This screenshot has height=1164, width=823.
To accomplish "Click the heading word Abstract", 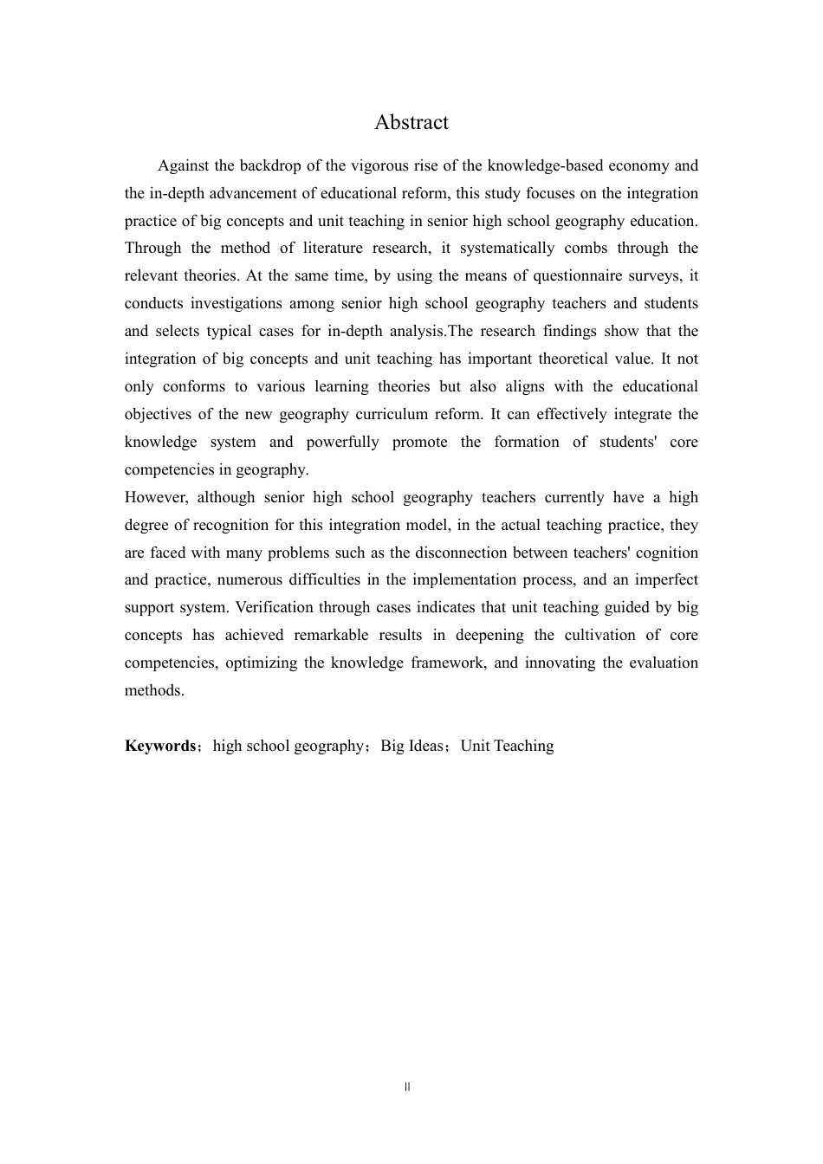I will [411, 123].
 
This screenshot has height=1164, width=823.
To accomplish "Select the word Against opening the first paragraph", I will [185, 165].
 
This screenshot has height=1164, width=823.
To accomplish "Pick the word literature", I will [334, 249].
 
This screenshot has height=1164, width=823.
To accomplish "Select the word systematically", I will [507, 249].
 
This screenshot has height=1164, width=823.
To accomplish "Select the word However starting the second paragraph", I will [154, 497].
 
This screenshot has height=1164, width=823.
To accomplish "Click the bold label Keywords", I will [160, 747].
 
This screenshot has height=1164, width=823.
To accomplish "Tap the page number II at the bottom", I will [407, 1087].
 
